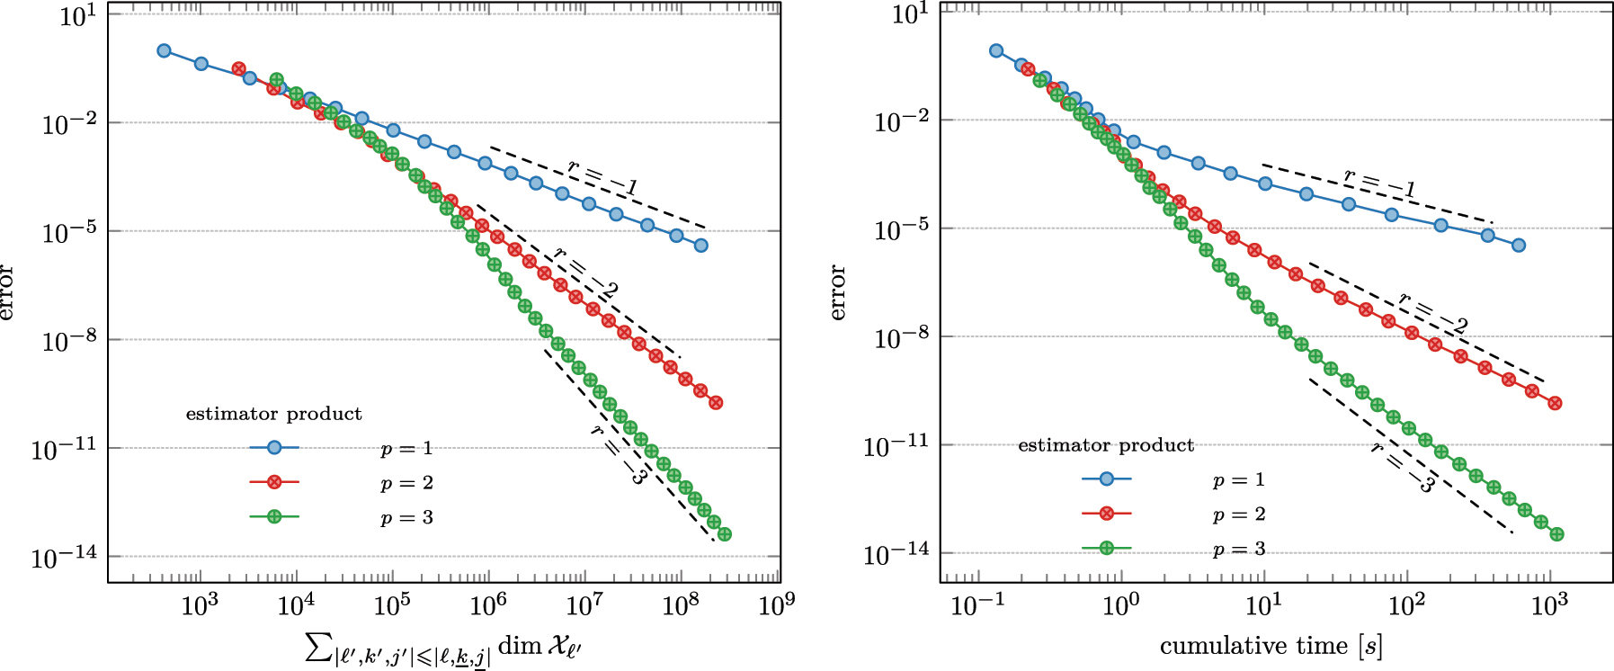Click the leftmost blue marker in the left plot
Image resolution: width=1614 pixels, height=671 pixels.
[x=164, y=50]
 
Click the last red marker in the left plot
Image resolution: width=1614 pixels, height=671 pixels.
[x=716, y=402]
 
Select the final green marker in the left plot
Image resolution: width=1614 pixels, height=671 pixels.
[x=725, y=534]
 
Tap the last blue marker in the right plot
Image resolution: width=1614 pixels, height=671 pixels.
[x=1519, y=245]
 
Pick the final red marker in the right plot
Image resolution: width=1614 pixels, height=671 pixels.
[x=1555, y=403]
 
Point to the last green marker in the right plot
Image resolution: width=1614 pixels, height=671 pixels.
[x=1557, y=534]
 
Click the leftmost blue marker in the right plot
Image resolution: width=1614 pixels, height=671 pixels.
[x=996, y=50]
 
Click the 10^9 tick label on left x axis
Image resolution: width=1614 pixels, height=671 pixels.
[x=777, y=605]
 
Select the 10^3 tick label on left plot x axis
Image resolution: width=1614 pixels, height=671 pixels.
[x=200, y=605]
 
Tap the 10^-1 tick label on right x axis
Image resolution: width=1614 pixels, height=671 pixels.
[x=977, y=605]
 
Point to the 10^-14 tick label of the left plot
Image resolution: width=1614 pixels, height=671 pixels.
[x=64, y=558]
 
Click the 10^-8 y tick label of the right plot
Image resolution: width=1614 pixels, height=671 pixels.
[x=901, y=338]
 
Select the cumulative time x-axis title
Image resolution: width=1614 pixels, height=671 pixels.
[x=1271, y=646]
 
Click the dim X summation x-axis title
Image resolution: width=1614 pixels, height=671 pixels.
[x=444, y=647]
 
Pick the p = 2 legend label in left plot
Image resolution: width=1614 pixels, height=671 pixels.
[x=406, y=483]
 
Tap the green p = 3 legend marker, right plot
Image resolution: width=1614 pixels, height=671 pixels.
[x=1107, y=548]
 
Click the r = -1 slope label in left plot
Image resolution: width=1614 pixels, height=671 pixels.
[x=602, y=177]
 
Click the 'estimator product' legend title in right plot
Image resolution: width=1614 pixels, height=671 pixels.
[x=1106, y=445]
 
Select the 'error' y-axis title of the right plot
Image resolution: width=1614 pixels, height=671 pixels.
[x=838, y=292]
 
